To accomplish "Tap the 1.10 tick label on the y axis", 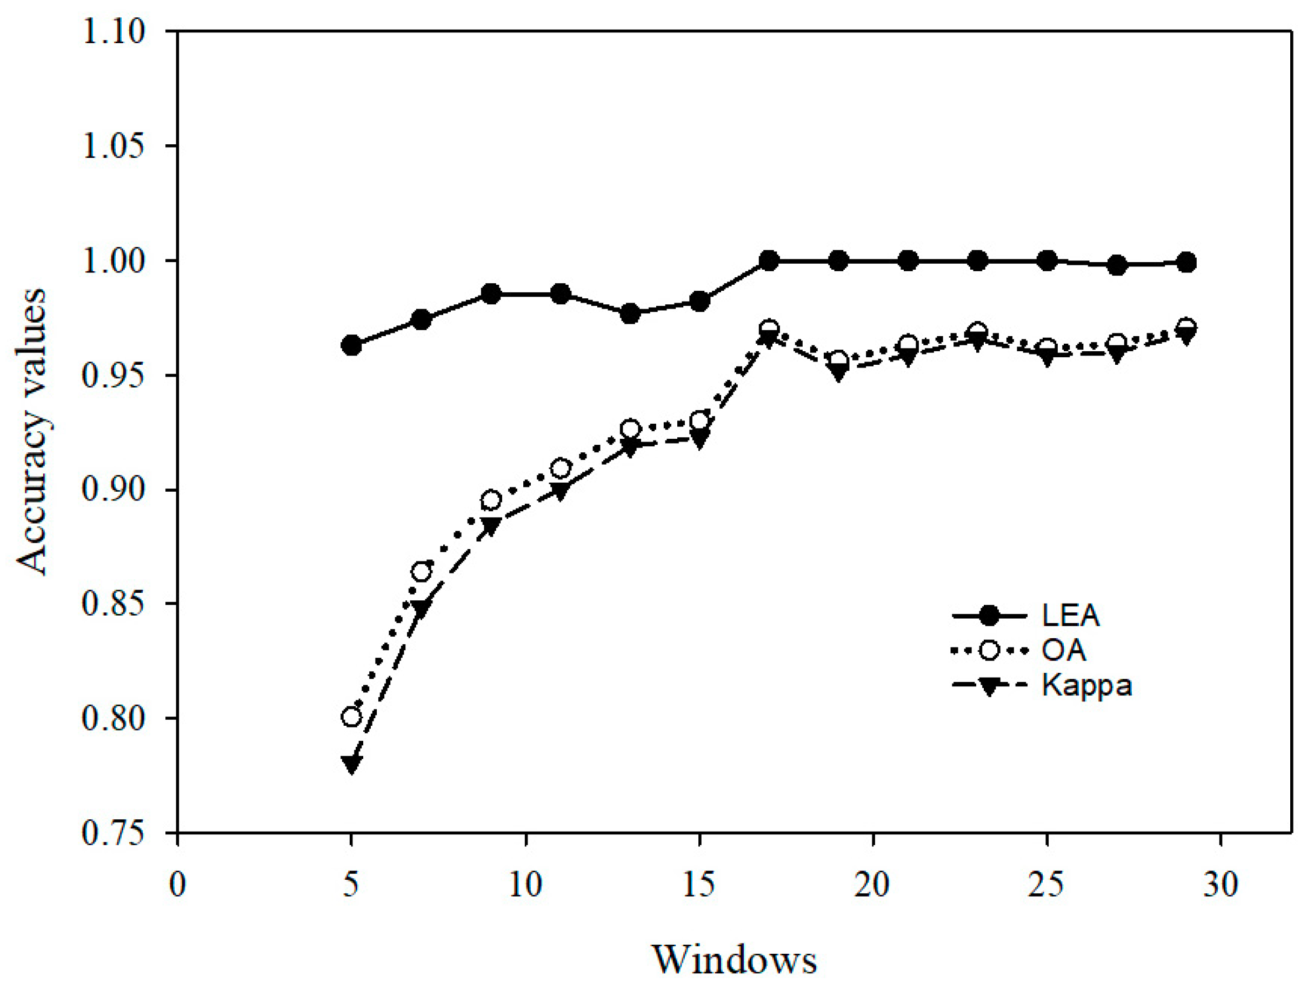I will coord(113,32).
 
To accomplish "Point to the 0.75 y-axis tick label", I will coord(113,833).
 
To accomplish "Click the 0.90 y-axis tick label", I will coord(113,490).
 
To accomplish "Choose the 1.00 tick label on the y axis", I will coord(113,260).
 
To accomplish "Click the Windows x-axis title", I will coord(735,959).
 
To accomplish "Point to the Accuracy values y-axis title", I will coord(31,432).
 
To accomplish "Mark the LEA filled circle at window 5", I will coord(351,345).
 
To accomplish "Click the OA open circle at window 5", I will coord(351,717).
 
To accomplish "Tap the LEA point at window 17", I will coord(769,260).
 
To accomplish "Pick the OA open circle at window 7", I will coord(421,572).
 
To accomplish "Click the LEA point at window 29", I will coord(1186,262).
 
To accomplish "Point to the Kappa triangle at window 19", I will coord(838,373).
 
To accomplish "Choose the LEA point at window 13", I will coord(630,313).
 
